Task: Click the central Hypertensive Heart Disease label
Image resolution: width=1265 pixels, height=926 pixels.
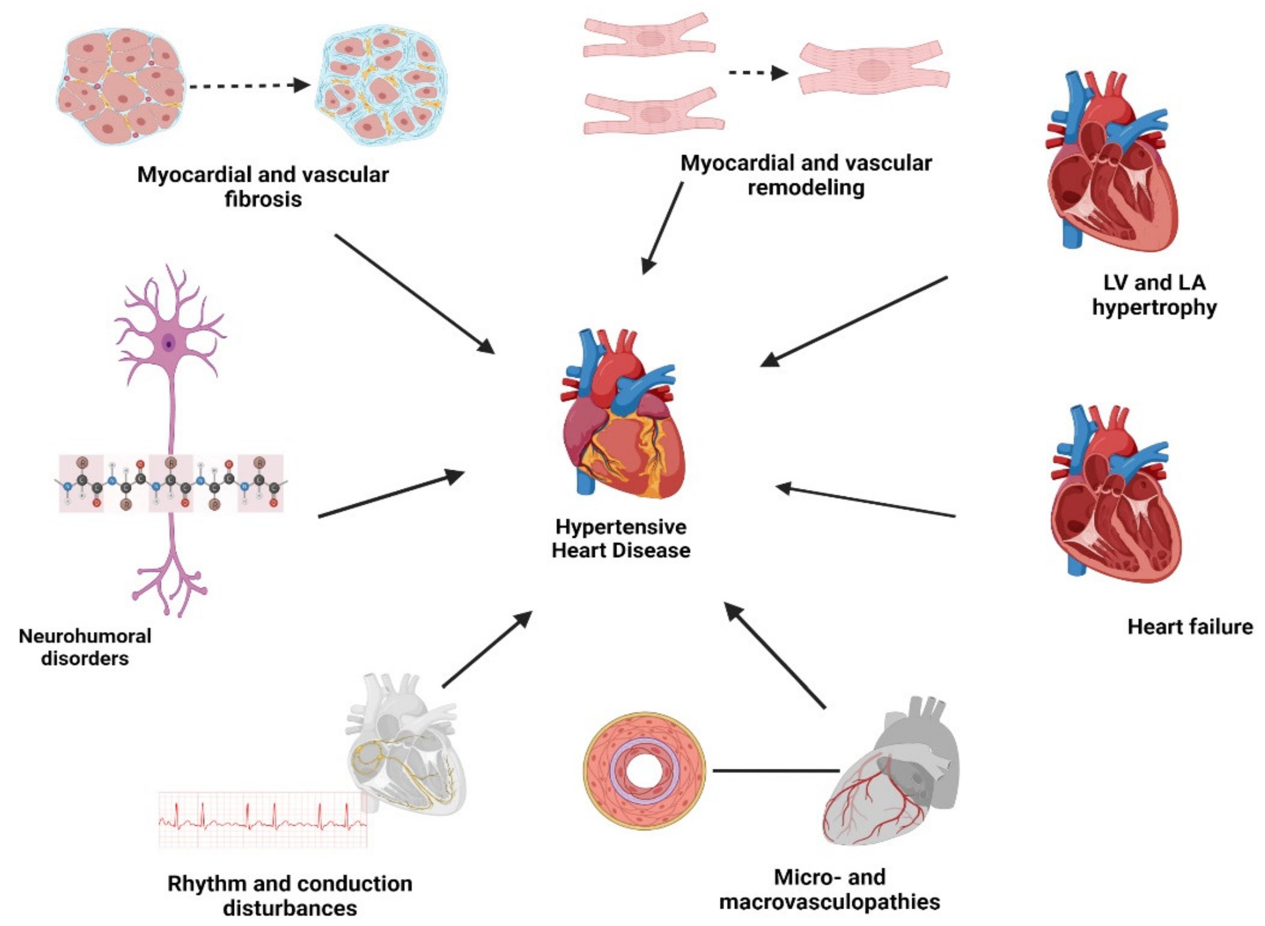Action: click(620, 539)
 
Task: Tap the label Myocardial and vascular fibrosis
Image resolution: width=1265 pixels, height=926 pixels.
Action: click(263, 187)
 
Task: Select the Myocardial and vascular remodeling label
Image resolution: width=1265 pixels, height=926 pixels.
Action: click(806, 175)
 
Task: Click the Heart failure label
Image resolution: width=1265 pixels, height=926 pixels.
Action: click(1189, 626)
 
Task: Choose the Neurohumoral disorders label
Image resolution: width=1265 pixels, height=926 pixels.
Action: click(85, 647)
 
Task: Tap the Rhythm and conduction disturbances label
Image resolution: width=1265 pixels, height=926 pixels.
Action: click(290, 895)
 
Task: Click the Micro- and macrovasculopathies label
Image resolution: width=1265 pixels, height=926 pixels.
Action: click(830, 890)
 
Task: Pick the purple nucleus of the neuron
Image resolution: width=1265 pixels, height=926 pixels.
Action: click(168, 343)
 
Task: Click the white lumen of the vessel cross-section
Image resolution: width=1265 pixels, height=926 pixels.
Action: click(644, 771)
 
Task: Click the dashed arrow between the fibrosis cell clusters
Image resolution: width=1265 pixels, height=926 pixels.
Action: click(249, 86)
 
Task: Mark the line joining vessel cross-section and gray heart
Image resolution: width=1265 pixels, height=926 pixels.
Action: click(776, 771)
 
